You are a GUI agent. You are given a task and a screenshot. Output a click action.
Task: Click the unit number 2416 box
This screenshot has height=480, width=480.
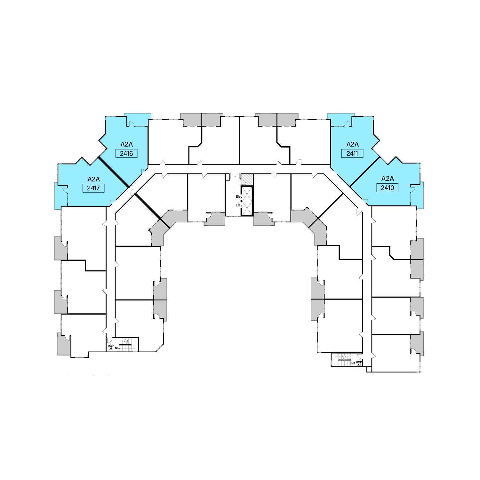coord(126,154)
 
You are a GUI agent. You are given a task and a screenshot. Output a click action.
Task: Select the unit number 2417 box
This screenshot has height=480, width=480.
coord(93,188)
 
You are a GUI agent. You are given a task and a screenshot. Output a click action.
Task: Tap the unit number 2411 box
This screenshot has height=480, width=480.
coord(352,154)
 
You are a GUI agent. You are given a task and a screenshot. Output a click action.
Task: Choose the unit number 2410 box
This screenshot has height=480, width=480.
coord(387,188)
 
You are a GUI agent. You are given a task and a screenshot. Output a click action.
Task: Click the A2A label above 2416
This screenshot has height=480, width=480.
coord(127,144)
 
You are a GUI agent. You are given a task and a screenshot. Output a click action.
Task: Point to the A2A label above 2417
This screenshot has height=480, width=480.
coord(94,179)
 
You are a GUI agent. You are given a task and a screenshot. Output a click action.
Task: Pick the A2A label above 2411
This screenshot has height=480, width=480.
coord(352,144)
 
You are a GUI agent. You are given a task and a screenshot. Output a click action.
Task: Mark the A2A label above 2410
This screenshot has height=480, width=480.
coord(388,179)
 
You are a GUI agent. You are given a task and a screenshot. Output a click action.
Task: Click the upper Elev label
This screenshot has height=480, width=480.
coord(239,196)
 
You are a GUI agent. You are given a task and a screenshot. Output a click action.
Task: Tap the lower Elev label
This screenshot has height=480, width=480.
coord(239,205)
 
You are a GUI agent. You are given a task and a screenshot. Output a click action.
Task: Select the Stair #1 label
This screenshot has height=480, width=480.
coord(111,347)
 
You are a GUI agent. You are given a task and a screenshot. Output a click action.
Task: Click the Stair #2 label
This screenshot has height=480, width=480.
coord(359,363)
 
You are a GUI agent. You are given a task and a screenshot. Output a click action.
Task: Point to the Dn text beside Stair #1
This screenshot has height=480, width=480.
coord(117,348)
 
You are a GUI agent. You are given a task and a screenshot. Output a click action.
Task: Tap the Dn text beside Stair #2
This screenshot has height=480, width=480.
coord(353,363)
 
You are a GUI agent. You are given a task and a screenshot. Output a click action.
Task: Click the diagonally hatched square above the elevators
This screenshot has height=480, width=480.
coord(247,180)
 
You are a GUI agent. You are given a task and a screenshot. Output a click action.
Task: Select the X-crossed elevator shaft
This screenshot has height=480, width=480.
coord(247,201)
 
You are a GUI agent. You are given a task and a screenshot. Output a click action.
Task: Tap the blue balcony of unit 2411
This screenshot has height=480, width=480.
coord(340,119)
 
